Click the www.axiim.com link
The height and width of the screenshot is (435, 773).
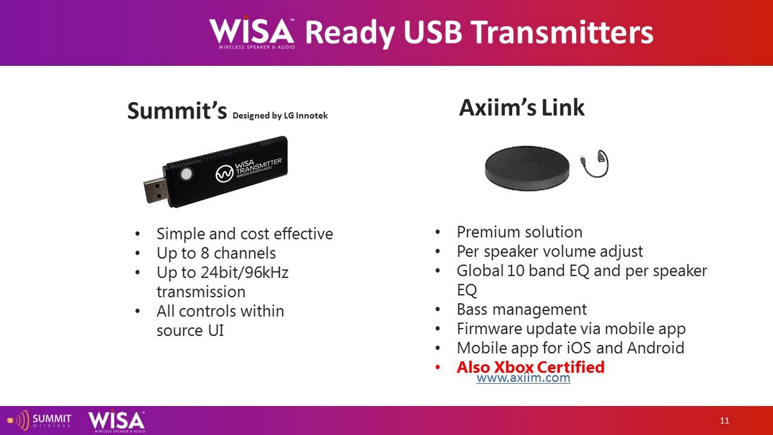click(523, 378)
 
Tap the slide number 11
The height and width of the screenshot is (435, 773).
click(725, 420)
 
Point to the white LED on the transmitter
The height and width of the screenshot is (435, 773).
click(186, 174)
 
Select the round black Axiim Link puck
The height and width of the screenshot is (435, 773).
click(527, 168)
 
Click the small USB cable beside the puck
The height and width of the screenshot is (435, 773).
click(594, 163)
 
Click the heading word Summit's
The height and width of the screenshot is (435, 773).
click(177, 111)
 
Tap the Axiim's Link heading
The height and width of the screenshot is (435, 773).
click(522, 107)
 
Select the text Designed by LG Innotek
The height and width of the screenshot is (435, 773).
click(280, 116)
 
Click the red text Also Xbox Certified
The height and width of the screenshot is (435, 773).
click(530, 367)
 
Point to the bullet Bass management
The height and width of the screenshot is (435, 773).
click(522, 309)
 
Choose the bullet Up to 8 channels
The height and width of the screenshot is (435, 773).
click(216, 253)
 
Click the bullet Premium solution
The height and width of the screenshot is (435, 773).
click(520, 232)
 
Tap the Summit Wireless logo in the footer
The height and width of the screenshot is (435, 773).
click(39, 420)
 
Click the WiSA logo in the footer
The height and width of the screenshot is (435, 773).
click(117, 421)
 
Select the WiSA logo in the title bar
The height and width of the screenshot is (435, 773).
click(252, 32)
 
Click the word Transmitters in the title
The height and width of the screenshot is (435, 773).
click(562, 33)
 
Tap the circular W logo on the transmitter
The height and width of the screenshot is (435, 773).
click(224, 174)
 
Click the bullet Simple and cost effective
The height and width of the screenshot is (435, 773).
click(245, 234)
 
